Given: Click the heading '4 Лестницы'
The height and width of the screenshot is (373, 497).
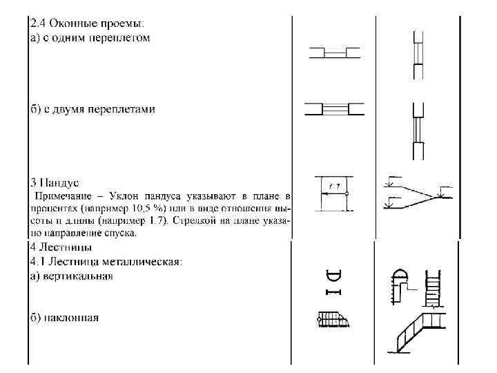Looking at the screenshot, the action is (61, 246).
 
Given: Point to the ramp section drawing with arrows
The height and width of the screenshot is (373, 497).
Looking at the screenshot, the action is (418, 194).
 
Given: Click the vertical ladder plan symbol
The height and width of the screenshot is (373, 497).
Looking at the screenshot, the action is (333, 283).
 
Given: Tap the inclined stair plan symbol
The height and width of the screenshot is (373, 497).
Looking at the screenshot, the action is (335, 319).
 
